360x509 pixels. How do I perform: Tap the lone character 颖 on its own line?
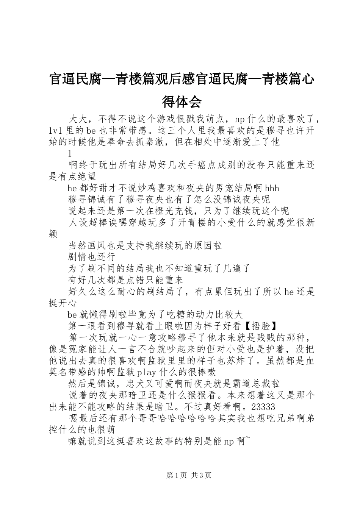click(53, 234)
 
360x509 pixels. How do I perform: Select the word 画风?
click(97, 245)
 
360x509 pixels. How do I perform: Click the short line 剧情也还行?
click(92, 257)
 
